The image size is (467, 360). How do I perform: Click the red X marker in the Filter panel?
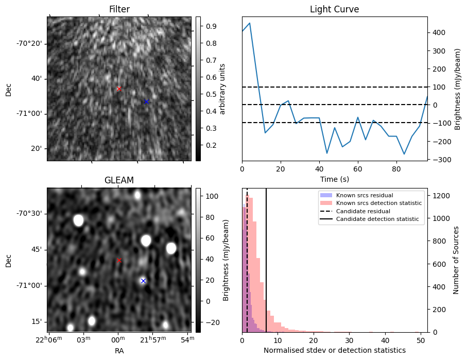point(119,89)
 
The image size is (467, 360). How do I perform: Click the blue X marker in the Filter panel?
point(146,101)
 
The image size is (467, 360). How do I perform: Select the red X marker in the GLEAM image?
point(119,260)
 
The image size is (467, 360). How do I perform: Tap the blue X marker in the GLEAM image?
point(143,281)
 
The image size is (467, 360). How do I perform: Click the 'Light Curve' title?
point(334,9)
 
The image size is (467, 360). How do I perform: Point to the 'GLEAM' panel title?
point(119,180)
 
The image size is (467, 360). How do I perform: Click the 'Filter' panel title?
point(119,9)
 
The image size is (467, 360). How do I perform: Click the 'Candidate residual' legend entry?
point(362,211)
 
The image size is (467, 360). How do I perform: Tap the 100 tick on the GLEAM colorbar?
point(212,196)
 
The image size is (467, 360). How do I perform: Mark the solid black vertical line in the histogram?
point(266,268)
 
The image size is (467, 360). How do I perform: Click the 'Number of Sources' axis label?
point(456,260)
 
